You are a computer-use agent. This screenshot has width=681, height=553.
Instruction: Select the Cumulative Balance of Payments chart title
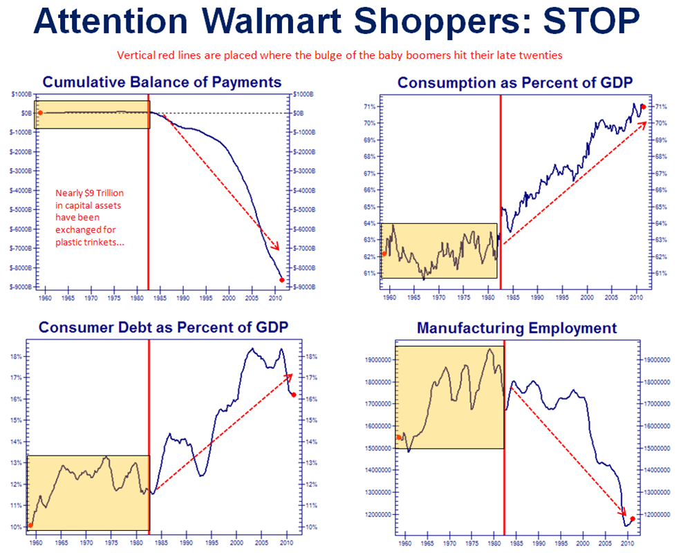point(162,82)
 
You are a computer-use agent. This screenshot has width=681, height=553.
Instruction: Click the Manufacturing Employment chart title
point(516,328)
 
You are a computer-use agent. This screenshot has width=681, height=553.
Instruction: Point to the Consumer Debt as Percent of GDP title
point(163,327)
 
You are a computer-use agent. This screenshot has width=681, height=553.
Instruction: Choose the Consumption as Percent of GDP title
point(515,83)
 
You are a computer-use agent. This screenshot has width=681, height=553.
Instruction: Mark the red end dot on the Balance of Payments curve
point(281,280)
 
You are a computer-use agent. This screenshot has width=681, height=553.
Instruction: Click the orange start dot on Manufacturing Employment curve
point(399,437)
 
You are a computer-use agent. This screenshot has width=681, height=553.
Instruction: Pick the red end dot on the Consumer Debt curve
point(294,395)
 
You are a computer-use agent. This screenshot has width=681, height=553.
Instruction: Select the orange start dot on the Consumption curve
point(384,254)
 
